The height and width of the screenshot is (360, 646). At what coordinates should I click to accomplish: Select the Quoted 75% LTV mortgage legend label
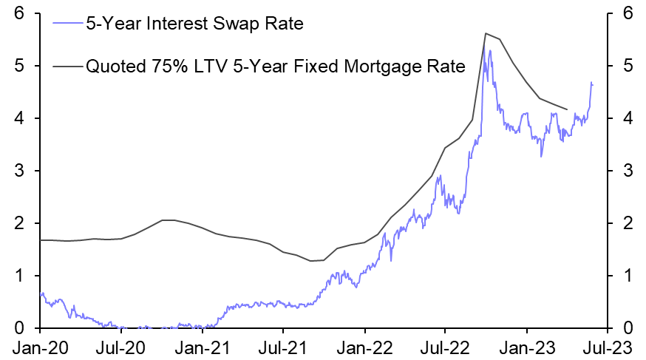click(x=276, y=67)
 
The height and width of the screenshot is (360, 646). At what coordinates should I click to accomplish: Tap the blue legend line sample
click(x=69, y=24)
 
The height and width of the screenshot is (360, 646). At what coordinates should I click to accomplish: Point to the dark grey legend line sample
click(x=69, y=67)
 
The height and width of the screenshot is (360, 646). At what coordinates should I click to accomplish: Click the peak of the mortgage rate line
click(x=485, y=33)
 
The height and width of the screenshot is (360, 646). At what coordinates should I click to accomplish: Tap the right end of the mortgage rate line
click(x=567, y=109)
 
